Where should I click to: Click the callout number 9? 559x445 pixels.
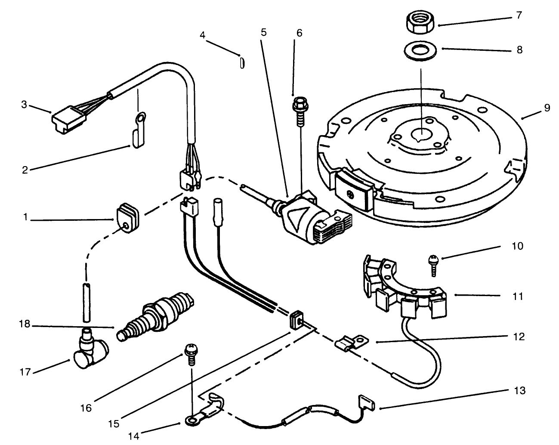(x=547, y=108)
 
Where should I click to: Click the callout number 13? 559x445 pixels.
(x=519, y=390)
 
